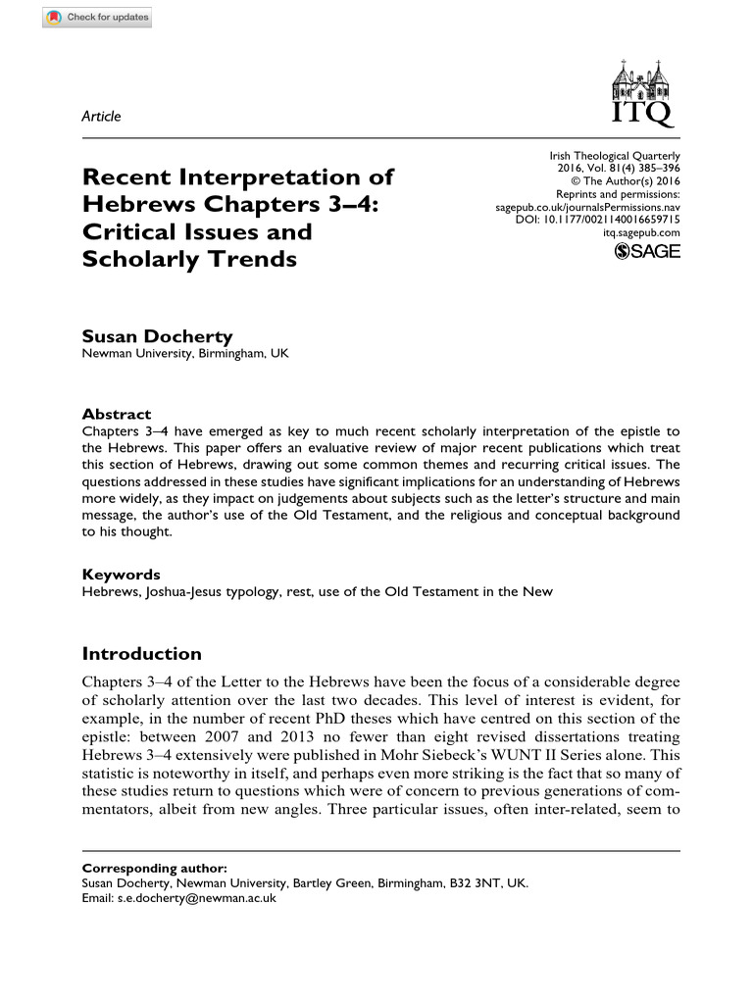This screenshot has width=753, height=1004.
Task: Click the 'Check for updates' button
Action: (97, 19)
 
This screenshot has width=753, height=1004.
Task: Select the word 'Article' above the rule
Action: (102, 117)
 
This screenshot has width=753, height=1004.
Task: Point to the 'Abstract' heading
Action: (117, 414)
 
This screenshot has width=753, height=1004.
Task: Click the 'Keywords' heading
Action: (121, 575)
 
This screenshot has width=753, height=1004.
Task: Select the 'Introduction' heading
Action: (142, 654)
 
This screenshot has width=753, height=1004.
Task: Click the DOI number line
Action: (597, 220)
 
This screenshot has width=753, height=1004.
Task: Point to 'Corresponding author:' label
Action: (154, 868)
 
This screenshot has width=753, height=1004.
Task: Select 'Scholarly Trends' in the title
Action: (189, 260)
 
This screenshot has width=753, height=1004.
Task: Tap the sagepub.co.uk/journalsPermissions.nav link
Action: (589, 207)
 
